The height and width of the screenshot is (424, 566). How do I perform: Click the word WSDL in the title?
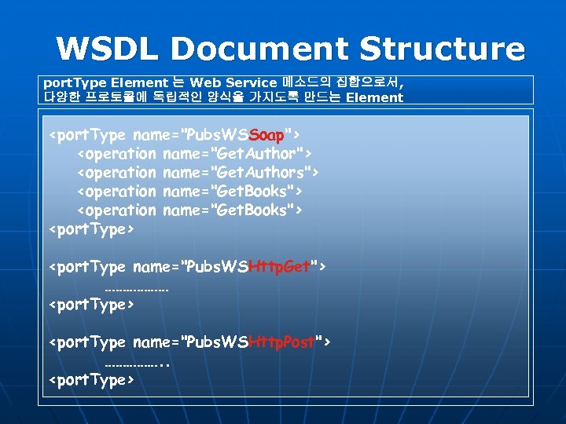[105, 49]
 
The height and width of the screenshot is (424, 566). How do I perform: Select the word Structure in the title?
[443, 49]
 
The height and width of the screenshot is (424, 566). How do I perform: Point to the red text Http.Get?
[278, 267]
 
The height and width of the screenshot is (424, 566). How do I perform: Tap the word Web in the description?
[207, 82]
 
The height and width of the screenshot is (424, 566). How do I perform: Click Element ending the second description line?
[373, 98]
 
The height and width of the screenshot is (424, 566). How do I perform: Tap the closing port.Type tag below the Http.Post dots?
[92, 380]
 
